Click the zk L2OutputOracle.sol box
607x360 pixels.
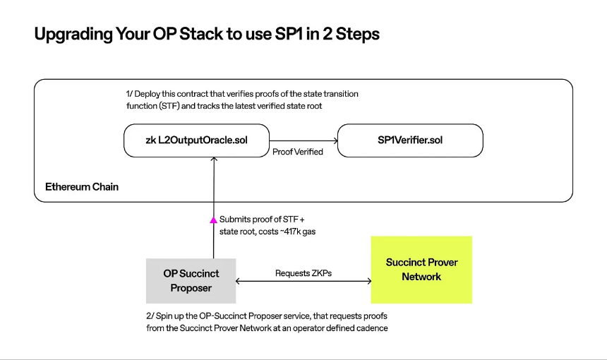197,140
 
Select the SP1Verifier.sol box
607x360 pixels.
410,140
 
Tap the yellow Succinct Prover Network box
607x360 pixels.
421,270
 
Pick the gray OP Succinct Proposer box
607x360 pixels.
191,281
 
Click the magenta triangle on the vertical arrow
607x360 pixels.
213,220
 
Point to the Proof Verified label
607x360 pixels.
298,152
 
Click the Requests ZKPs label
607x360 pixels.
303,273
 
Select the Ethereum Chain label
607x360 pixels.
82,187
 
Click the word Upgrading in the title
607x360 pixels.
73,35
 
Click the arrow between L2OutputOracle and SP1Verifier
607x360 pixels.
303,141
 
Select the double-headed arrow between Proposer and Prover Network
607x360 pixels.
303,281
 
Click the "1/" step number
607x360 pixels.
129,94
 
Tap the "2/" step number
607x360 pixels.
150,316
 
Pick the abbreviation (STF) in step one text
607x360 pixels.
169,106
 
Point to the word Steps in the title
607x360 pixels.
357,35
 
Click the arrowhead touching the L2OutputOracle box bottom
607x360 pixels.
214,159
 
